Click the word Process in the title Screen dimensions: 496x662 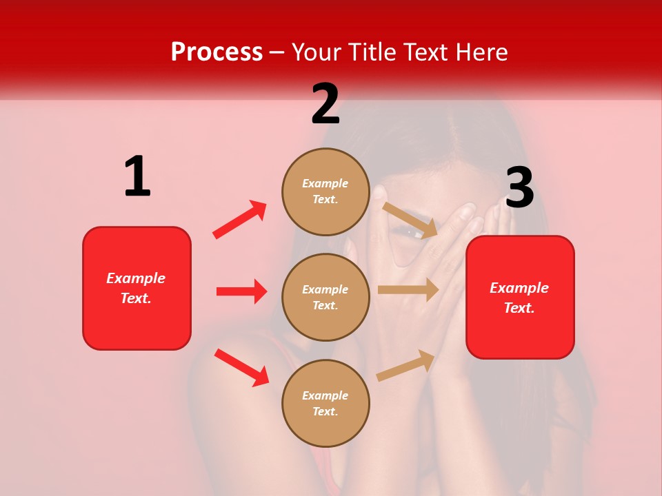[217, 52]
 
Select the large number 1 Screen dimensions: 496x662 [137, 176]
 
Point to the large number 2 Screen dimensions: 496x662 [325, 104]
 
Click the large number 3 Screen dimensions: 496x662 [519, 188]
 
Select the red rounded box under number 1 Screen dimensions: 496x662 [137, 288]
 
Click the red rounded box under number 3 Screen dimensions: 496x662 [520, 298]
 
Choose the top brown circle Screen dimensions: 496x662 [325, 192]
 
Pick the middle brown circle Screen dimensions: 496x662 [325, 298]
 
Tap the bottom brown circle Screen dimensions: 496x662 [325, 404]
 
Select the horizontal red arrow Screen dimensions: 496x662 [241, 291]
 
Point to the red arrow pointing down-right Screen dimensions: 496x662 [241, 366]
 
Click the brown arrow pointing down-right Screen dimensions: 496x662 [410, 220]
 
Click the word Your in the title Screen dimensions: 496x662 [317, 52]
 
